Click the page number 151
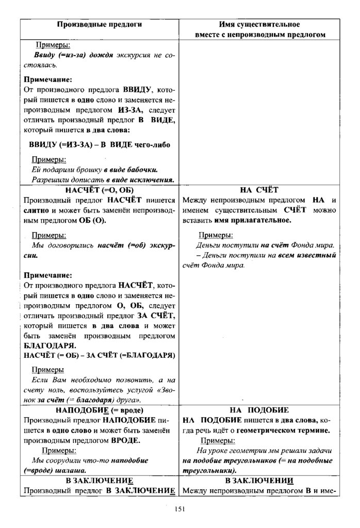click(179, 509)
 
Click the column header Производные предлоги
click(100, 24)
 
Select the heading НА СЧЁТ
click(259, 190)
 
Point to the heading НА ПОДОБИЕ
click(259, 410)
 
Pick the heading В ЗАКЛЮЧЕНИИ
click(259, 481)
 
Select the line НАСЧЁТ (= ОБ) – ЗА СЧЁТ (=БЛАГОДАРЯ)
click(99, 355)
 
